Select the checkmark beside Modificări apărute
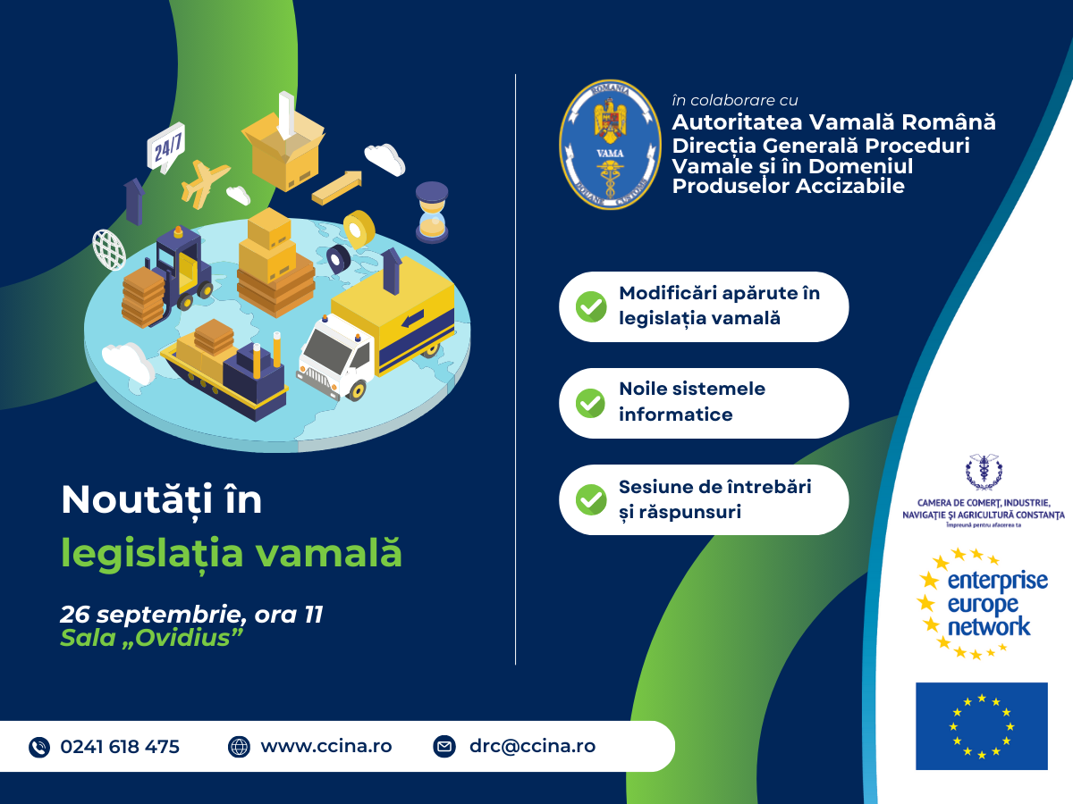click(x=590, y=306)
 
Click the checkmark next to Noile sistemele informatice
click(x=590, y=403)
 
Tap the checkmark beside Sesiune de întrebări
click(x=590, y=499)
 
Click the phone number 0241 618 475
click(x=120, y=747)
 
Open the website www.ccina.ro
click(x=325, y=746)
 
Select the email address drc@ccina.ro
click(x=532, y=746)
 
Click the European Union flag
click(x=981, y=725)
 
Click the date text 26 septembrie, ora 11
click(x=191, y=615)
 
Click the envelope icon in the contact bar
click(x=444, y=747)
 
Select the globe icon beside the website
click(x=239, y=747)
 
